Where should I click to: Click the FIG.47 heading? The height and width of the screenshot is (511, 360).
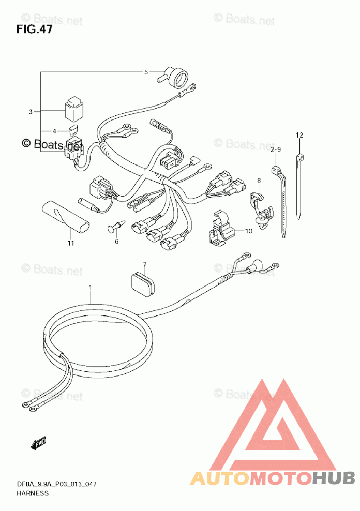click(x=34, y=29)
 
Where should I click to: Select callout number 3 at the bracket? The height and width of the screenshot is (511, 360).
click(x=31, y=112)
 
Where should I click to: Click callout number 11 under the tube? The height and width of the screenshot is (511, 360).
click(x=70, y=243)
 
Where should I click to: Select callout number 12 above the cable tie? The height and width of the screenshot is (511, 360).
click(x=299, y=135)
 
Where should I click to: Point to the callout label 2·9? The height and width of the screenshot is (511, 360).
click(x=275, y=149)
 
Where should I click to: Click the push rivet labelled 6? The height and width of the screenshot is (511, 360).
click(x=116, y=226)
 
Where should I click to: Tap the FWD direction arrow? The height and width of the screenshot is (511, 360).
click(x=38, y=443)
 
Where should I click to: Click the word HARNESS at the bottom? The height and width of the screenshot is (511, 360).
click(x=32, y=493)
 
